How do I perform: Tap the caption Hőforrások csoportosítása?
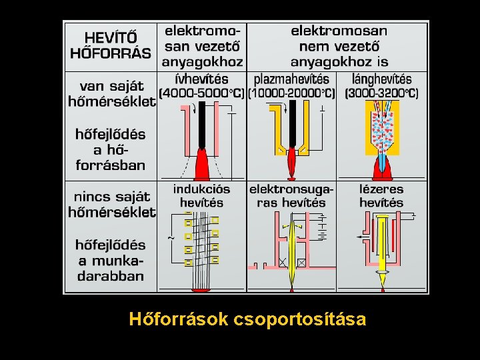[x=247, y=320]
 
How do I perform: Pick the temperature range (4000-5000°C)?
[x=201, y=93]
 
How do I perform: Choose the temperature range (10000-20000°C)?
[x=291, y=93]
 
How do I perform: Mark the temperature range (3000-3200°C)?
[x=382, y=93]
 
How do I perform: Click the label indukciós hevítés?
[x=202, y=195]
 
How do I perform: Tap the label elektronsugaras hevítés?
[x=291, y=195]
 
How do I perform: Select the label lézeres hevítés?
[x=381, y=195]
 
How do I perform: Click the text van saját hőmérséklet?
[x=111, y=94]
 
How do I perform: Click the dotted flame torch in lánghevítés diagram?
[x=382, y=130]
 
